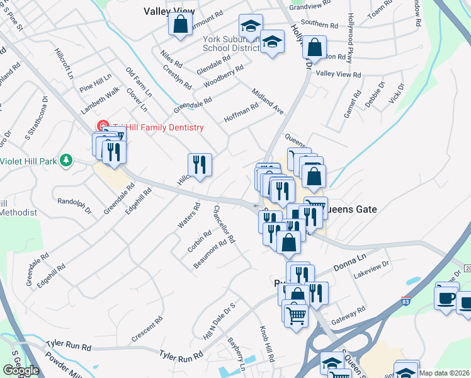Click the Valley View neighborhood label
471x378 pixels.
click(168, 11)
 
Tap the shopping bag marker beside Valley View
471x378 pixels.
click(180, 25)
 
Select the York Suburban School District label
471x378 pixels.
click(231, 43)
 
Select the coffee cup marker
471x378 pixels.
click(446, 297)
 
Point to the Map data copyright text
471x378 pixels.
click(445, 373)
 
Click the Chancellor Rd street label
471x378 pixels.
click(224, 224)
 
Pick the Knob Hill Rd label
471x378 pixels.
click(267, 343)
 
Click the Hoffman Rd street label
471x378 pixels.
click(241, 113)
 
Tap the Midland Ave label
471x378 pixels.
click(268, 101)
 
